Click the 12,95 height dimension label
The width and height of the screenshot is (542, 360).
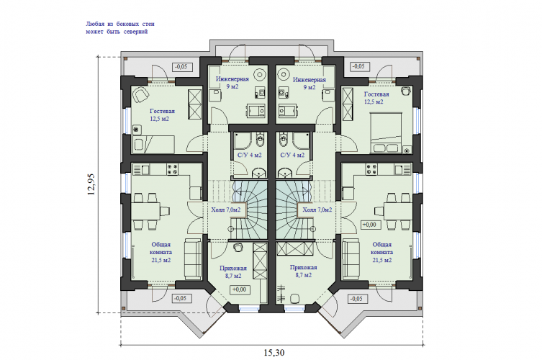click(x=91, y=184)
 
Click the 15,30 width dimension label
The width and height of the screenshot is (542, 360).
click(x=274, y=353)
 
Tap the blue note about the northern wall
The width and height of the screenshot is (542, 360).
click(x=120, y=27)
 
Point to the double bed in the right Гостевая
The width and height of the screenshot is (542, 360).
click(x=386, y=132)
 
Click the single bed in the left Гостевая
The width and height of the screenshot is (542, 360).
click(x=153, y=145)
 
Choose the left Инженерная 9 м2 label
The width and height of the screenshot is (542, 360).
click(x=232, y=83)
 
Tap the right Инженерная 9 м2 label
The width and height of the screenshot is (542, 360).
click(x=310, y=84)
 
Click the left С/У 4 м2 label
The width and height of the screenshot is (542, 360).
click(x=250, y=156)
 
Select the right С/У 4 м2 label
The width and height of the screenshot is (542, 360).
click(x=292, y=156)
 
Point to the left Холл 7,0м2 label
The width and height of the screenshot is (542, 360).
click(x=226, y=210)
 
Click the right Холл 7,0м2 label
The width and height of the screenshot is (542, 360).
click(x=317, y=210)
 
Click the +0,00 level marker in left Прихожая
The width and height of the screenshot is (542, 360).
click(x=240, y=289)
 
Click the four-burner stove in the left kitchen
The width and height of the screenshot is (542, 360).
click(x=173, y=169)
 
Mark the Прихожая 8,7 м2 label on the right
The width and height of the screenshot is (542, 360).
click(x=304, y=271)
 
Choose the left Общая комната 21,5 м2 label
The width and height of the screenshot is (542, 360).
click(x=161, y=253)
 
